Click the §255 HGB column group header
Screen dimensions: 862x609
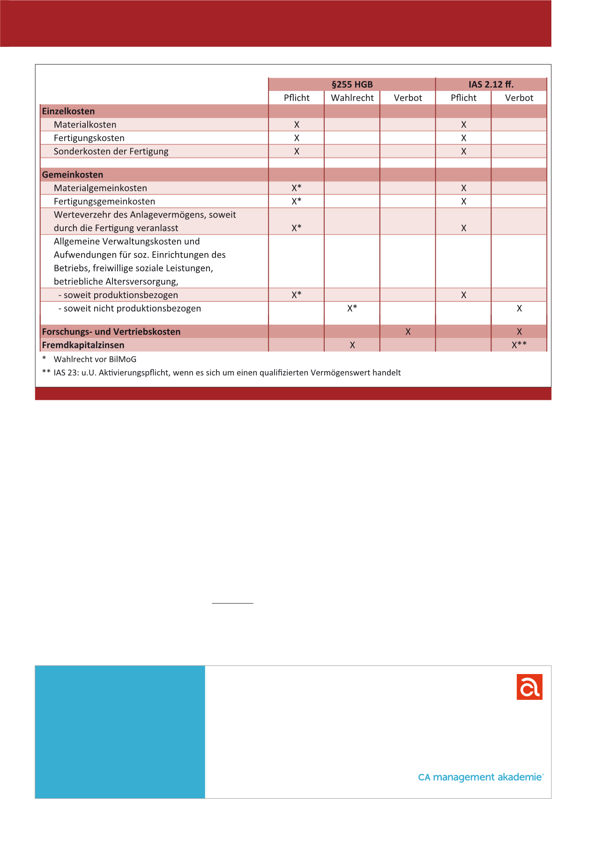pos(352,84)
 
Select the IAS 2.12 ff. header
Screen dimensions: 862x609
pos(491,84)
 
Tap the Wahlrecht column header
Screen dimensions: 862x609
pos(352,98)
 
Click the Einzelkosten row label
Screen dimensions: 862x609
pos(68,112)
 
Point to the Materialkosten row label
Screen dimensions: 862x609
pos(85,125)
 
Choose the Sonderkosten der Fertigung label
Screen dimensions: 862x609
pos(111,151)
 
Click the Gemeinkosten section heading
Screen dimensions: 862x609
pos(73,175)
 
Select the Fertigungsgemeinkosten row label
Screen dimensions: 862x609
pos(104,202)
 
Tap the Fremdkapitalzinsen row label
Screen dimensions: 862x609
pos(83,345)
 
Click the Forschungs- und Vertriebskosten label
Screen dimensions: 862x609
pos(111,332)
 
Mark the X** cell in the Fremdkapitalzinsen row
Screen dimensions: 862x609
pos(519,345)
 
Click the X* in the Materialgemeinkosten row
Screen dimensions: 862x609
pos(297,188)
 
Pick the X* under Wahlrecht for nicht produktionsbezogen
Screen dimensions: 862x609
pos(352,308)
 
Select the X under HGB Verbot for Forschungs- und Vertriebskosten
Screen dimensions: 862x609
pos(408,332)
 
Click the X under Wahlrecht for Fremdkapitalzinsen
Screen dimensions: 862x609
pos(352,345)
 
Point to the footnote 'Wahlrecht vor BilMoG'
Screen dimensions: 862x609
pos(95,360)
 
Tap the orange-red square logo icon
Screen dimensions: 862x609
pos(529,687)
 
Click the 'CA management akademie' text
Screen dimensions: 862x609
pos(480,777)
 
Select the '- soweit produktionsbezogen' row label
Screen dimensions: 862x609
pos(118,295)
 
